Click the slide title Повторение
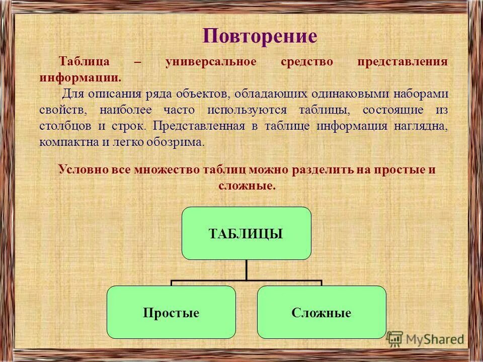pyautogui.click(x=260, y=36)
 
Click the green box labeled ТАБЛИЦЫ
pyautogui.click(x=246, y=233)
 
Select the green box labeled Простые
pyautogui.click(x=171, y=313)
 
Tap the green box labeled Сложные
pyautogui.click(x=321, y=313)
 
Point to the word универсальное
pyautogui.click(x=211, y=62)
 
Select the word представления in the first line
pyautogui.click(x=403, y=62)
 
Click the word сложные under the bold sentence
pyautogui.click(x=247, y=186)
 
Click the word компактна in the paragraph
pyautogui.click(x=69, y=142)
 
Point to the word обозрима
pyautogui.click(x=176, y=142)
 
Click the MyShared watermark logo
pyautogui.click(x=426, y=339)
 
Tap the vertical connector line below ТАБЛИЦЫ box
pyautogui.click(x=246, y=269)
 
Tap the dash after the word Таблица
pyautogui.click(x=137, y=62)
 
